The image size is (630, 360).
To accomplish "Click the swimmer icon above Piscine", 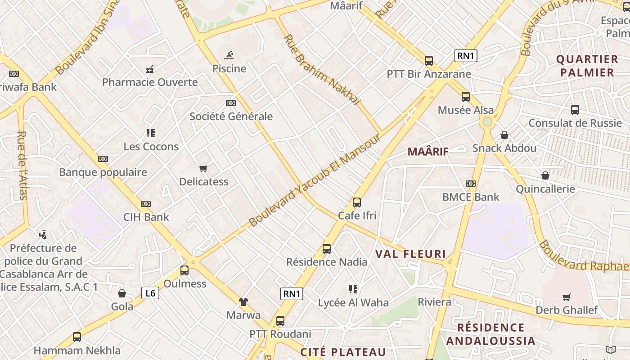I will click(x=229, y=55).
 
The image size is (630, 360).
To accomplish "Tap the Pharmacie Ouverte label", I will click(x=150, y=82).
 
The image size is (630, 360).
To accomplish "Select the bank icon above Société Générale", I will click(x=231, y=103).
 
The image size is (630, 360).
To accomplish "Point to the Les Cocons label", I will click(x=151, y=147).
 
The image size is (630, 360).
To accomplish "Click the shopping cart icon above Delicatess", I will click(x=203, y=169).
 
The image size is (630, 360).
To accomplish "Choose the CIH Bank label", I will click(x=146, y=217).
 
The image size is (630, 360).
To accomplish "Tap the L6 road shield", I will click(x=150, y=293).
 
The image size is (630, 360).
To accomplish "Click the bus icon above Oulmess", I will click(x=184, y=270).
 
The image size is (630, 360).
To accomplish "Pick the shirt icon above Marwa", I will click(x=243, y=302).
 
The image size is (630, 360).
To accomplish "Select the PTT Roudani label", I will click(x=280, y=334).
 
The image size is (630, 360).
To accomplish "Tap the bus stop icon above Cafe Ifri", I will click(x=357, y=202).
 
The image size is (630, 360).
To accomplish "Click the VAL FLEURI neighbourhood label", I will click(x=410, y=254).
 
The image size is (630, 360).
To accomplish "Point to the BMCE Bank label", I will click(x=471, y=197).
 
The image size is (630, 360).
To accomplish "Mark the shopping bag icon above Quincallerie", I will click(x=545, y=175).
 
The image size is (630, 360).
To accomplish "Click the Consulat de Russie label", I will click(x=575, y=123).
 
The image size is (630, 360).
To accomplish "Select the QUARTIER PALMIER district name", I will click(x=587, y=66).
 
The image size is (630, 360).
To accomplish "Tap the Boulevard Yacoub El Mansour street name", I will click(x=315, y=180).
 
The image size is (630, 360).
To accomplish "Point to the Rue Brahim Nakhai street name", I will click(x=322, y=70).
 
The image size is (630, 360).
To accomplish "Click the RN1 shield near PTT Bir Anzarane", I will click(x=466, y=56).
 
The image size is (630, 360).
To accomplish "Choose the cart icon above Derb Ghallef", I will click(x=567, y=297).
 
